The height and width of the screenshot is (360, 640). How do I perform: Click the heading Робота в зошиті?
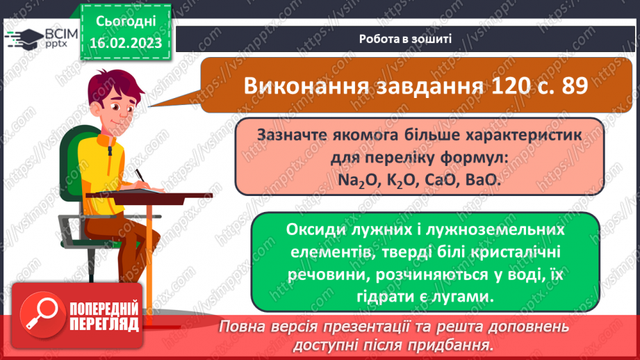405,38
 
